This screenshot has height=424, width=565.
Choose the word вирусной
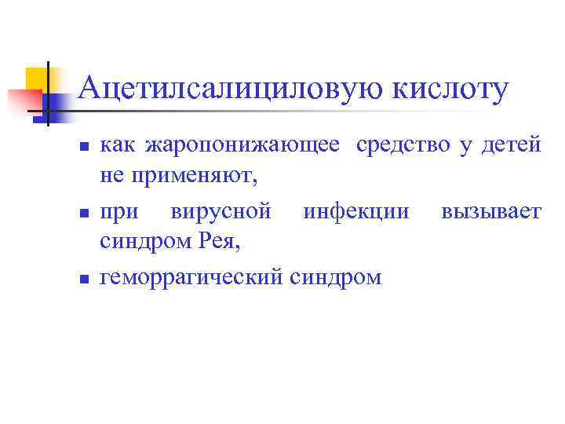click(222, 211)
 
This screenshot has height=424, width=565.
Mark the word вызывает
click(490, 211)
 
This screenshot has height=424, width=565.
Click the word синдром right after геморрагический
click(335, 277)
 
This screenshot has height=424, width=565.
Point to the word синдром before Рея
click(144, 243)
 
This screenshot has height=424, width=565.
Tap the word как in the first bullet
click(116, 146)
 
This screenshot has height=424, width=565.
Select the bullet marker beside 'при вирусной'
click(84, 213)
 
